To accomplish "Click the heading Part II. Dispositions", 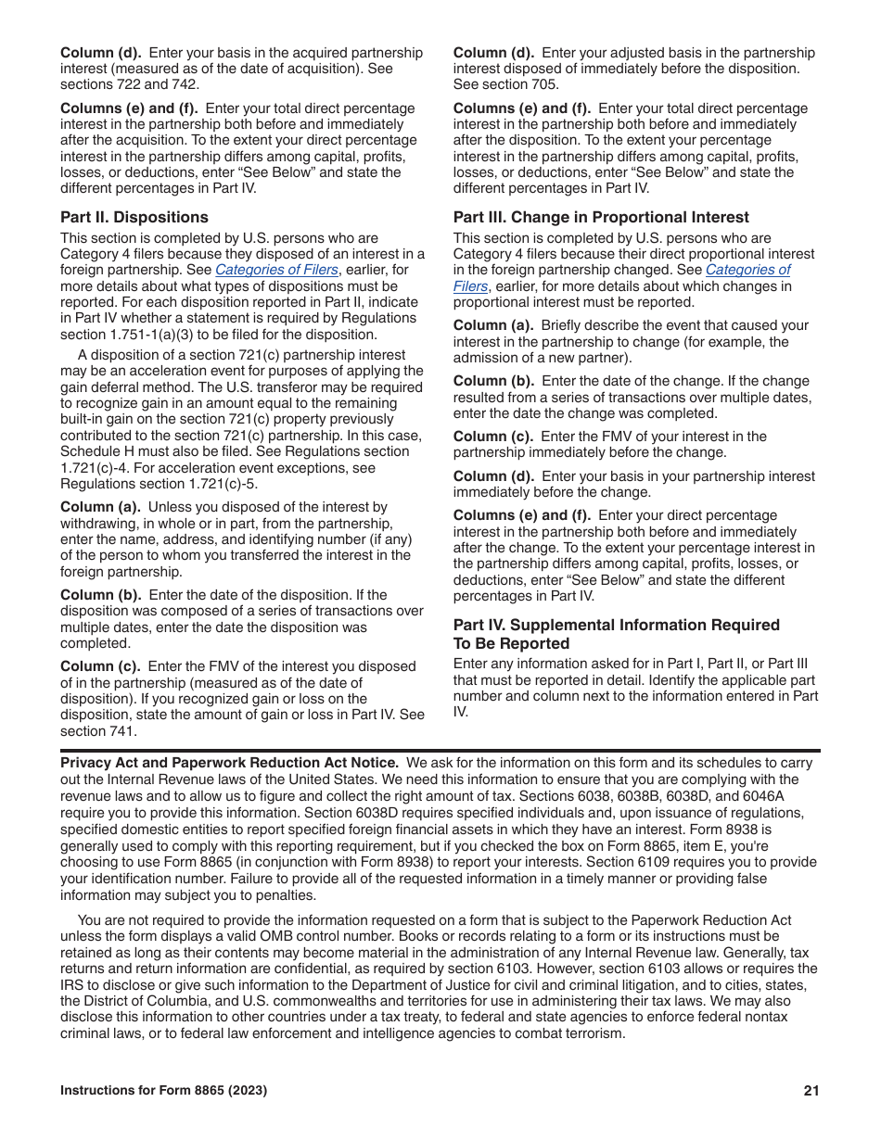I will [134, 218].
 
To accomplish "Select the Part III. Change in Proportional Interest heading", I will [601, 218].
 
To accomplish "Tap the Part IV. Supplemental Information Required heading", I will [616, 626].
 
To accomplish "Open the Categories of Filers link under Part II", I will [276, 270].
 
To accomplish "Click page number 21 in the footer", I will [811, 1091].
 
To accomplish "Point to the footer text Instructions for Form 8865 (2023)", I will [163, 1091].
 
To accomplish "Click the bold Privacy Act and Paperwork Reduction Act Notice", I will [230, 763].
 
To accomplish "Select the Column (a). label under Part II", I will [100, 507].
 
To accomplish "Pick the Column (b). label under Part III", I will [493, 381].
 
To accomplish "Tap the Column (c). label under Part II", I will [100, 666].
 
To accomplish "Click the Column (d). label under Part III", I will [493, 476].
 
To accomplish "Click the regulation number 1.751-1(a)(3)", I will [160, 335].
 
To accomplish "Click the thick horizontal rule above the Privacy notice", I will [440, 750].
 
